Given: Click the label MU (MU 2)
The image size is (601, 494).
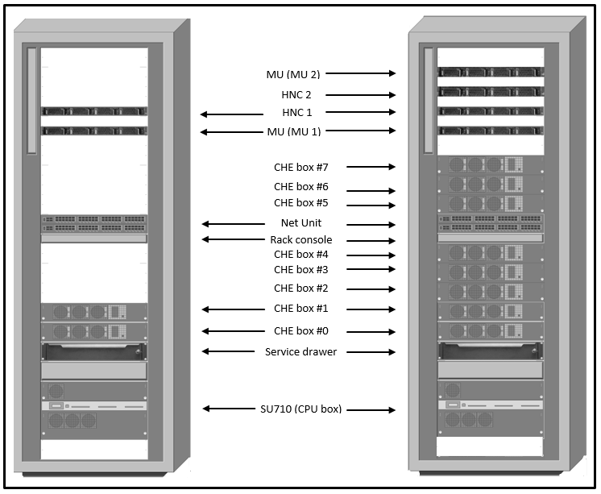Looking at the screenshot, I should pos(293,74).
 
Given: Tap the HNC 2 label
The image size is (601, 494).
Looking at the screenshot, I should pos(296,94).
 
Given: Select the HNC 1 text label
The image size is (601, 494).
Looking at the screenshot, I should pos(296,112).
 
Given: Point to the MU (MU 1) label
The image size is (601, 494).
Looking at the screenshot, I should pos(293,131).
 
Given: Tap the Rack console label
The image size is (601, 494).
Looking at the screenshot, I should pos(300,239).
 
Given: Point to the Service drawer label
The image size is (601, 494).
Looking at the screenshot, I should pos(300,351).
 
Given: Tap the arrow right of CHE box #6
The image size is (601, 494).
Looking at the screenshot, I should pos(370,191).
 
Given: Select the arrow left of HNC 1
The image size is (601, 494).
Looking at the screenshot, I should pos(231,114).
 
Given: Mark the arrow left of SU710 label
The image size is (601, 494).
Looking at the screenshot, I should pos(232,409).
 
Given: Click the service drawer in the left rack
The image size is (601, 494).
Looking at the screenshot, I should pos(94,351).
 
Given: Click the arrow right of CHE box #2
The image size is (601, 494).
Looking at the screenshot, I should pos(370,289).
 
